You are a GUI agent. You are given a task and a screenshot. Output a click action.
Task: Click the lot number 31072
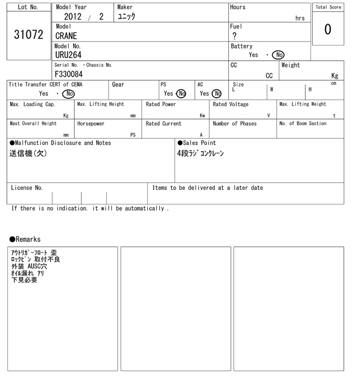[28, 35]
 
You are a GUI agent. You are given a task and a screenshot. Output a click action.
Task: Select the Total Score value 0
[328, 29]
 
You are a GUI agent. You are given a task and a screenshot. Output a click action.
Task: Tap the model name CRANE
[66, 36]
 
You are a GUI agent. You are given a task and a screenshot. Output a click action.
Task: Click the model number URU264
[68, 55]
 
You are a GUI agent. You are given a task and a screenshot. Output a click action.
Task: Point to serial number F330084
[69, 74]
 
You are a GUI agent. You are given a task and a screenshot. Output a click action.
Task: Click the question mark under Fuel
[235, 36]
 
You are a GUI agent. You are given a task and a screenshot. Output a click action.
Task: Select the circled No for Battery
[278, 55]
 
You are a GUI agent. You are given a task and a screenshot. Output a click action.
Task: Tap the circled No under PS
[181, 94]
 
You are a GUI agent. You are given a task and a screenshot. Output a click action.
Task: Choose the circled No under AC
[217, 94]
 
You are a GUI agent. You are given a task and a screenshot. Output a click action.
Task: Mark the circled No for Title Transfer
[68, 94]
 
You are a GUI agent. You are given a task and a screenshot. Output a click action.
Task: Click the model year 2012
[73, 17]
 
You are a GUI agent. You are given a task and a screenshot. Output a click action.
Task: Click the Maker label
[125, 7]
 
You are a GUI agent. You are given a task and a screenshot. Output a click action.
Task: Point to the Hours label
[238, 7]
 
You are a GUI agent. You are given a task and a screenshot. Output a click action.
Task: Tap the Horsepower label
[91, 124]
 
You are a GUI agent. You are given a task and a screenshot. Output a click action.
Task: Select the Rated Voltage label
[231, 104]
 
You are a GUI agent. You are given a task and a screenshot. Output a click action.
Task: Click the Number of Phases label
[235, 124]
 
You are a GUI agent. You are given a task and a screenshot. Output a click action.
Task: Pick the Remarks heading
[25, 239]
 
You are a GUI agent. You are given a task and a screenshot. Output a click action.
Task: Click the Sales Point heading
[197, 143]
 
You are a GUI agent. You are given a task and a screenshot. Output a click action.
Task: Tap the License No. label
[27, 188]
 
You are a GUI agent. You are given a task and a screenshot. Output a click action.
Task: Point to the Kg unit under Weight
[335, 75]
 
